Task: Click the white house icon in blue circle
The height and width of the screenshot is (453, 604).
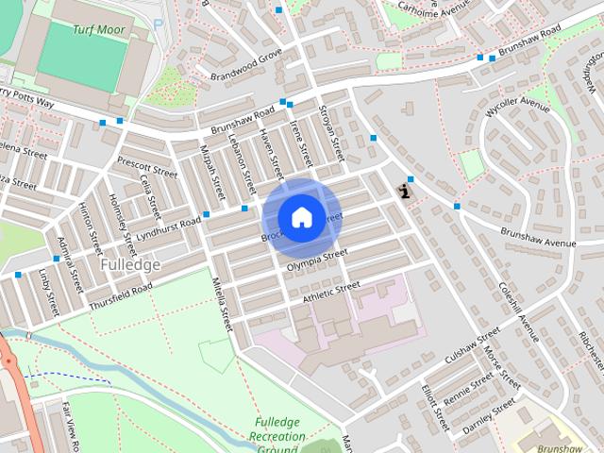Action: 301,217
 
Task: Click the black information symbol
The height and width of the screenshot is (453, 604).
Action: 406,191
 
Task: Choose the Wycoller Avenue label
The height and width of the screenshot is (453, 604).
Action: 517,111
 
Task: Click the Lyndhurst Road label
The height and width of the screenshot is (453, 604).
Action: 169,228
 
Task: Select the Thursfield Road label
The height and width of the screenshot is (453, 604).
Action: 121,297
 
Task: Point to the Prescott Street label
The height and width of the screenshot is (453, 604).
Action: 147,167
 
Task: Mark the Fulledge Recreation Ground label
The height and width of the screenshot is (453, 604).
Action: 278,436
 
